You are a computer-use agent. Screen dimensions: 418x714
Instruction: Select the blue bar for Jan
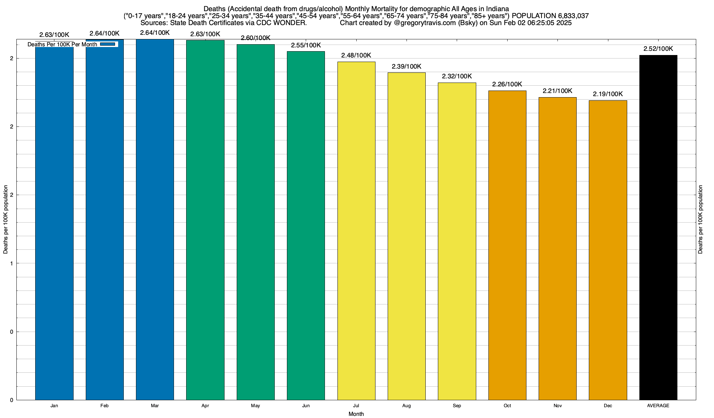[54, 223]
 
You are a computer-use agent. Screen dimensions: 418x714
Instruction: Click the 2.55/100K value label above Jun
[306, 45]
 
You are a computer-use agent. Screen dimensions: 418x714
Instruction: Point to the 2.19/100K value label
[608, 94]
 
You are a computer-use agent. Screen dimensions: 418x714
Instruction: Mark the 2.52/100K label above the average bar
[658, 49]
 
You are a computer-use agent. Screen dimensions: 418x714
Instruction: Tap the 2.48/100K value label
[356, 55]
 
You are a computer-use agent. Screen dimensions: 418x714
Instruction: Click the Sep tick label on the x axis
[457, 405]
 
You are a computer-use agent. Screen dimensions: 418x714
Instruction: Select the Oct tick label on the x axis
[507, 405]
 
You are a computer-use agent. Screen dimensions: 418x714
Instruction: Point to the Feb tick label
[104, 405]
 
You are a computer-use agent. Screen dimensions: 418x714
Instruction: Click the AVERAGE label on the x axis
[658, 405]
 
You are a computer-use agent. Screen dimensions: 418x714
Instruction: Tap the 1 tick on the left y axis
[12, 263]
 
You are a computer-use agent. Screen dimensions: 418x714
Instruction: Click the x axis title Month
[356, 414]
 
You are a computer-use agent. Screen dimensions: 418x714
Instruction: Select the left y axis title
[6, 219]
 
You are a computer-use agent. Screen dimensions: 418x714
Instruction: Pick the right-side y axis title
[700, 219]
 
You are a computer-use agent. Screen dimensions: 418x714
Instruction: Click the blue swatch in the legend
[107, 44]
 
